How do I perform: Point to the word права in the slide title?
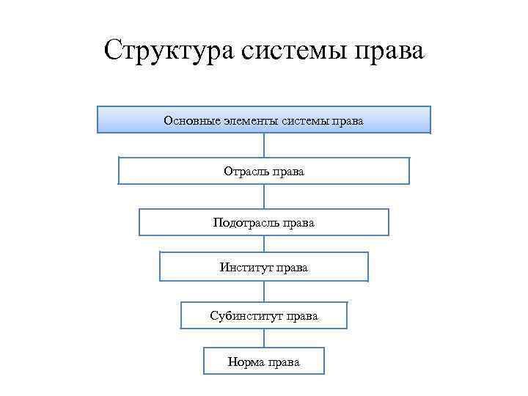tap(389, 52)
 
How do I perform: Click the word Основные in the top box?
tap(192, 120)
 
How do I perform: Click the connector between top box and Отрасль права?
tap(264, 144)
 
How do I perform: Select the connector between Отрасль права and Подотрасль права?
tap(264, 197)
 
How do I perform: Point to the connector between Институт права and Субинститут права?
tap(264, 292)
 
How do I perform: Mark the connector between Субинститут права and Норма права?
tap(264, 338)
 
